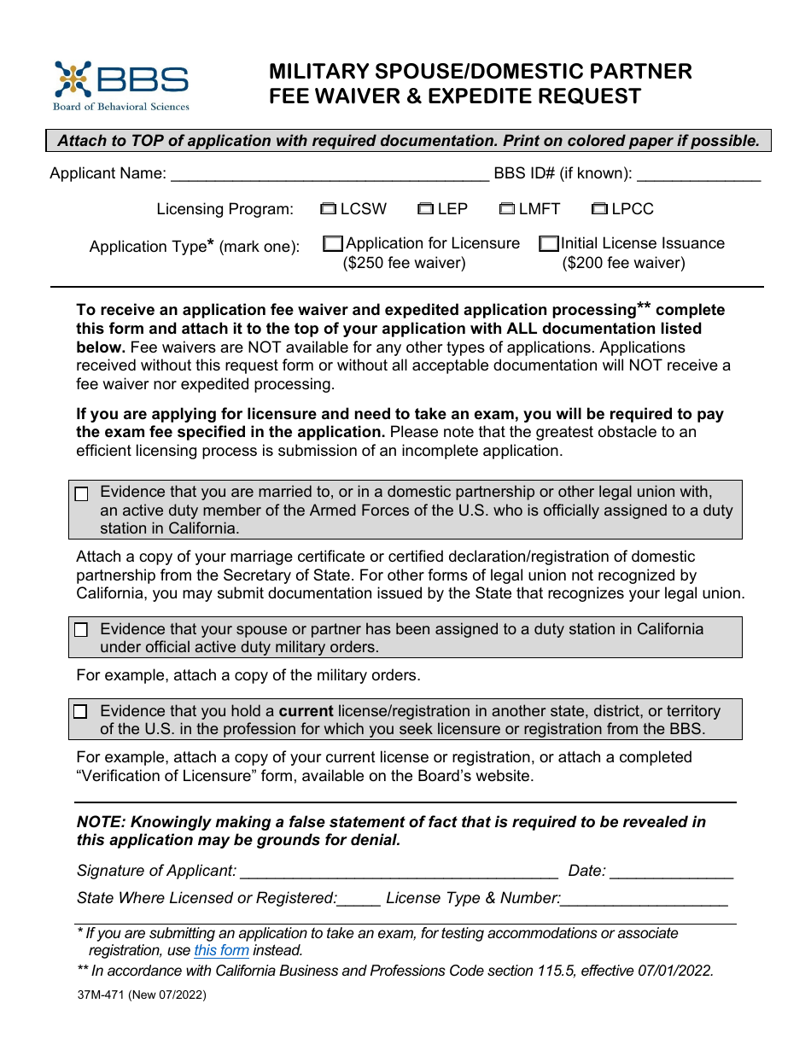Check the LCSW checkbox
point(329,208)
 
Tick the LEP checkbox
point(426,208)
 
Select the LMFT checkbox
point(507,208)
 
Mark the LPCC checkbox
point(599,208)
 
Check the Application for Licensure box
point(333,244)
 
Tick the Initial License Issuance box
point(549,244)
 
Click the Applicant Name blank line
point(330,176)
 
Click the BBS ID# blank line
point(698,176)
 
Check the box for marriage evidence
point(81,494)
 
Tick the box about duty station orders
point(81,630)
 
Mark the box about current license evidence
point(81,712)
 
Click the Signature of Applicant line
point(399,873)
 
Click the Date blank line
point(671,873)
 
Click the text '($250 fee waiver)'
point(404,263)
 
